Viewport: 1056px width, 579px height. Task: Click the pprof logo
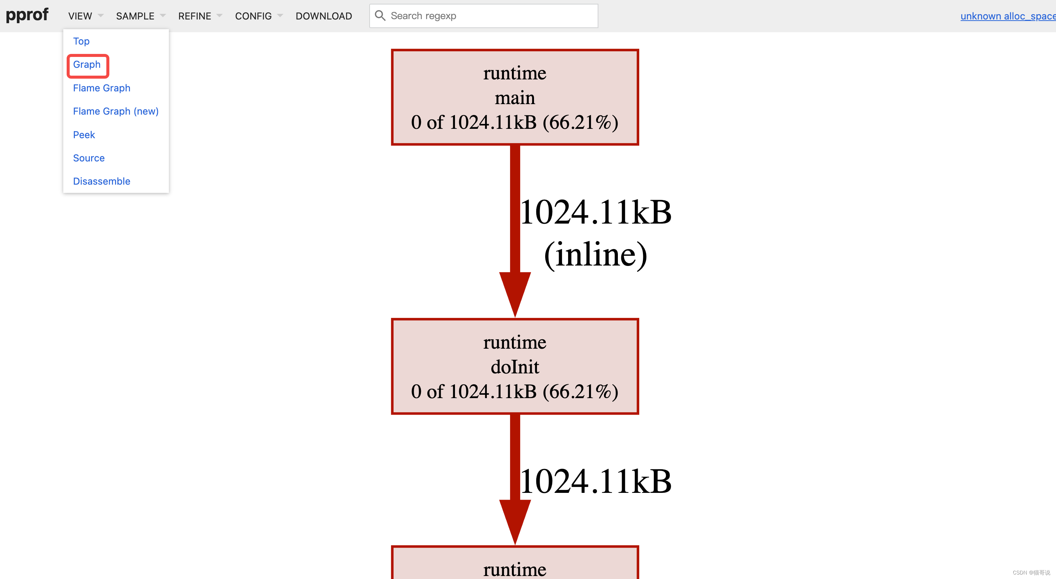(27, 15)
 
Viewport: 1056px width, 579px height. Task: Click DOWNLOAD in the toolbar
(324, 16)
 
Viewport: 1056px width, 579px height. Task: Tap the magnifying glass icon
(380, 16)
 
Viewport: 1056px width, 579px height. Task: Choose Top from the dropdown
(81, 41)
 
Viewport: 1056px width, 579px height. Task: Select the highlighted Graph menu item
(87, 64)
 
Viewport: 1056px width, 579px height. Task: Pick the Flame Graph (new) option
(116, 111)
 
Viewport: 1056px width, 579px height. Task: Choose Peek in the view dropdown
(84, 134)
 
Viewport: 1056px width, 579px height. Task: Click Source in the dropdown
(88, 158)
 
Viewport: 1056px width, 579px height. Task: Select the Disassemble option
(101, 181)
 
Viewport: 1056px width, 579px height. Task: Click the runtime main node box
(515, 97)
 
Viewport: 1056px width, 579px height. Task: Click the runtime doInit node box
(515, 366)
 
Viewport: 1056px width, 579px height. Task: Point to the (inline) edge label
(595, 255)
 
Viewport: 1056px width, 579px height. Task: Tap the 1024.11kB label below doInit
(595, 481)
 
